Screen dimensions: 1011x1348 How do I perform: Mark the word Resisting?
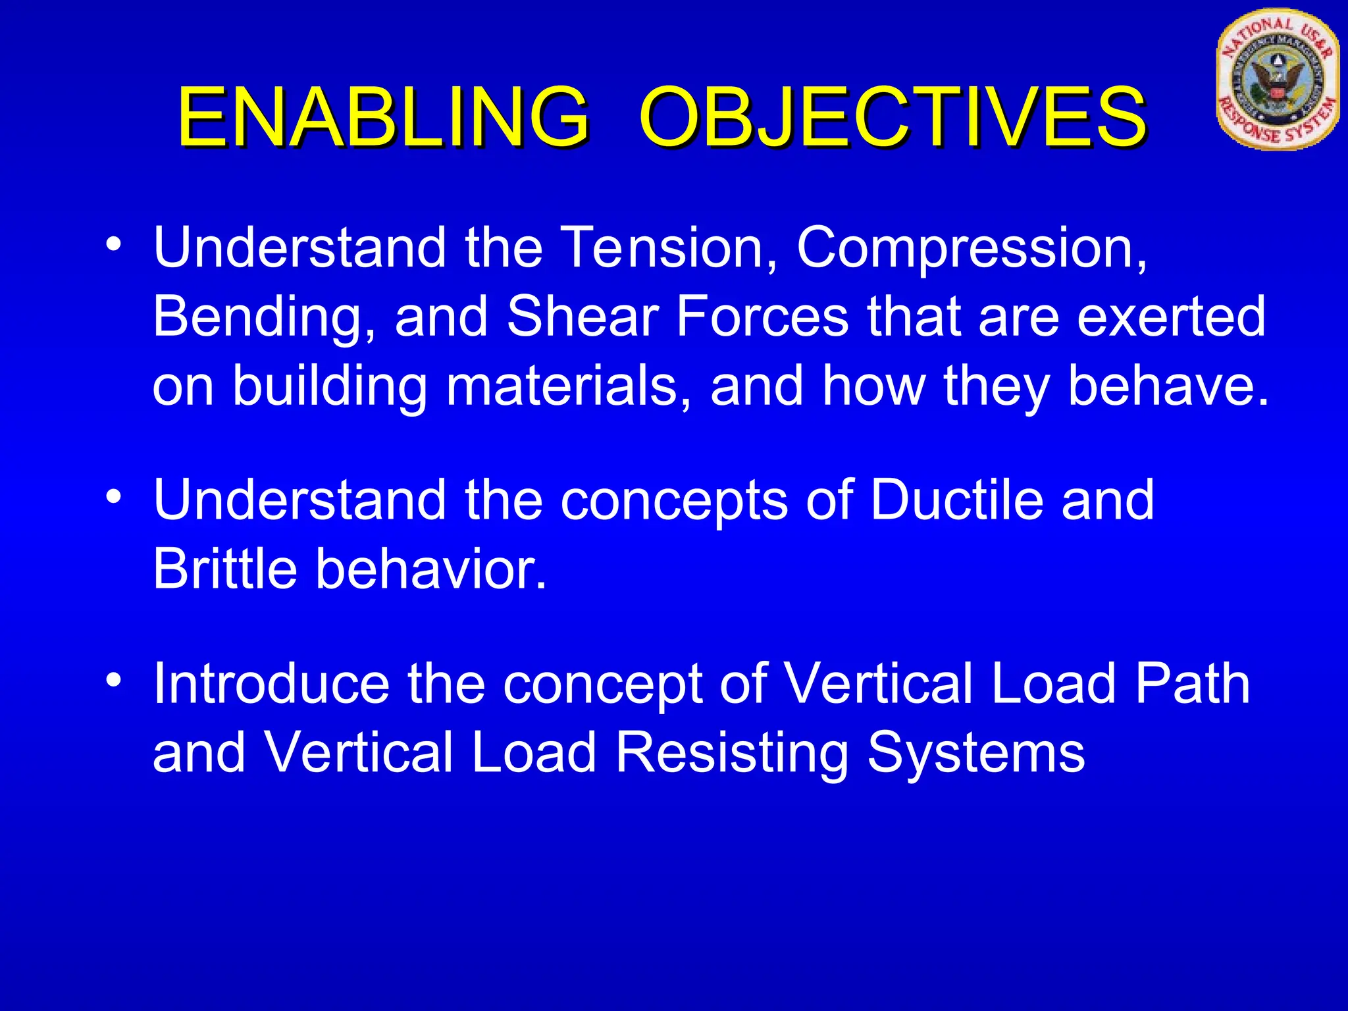[x=731, y=754]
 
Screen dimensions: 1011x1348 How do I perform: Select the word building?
[x=330, y=387]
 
